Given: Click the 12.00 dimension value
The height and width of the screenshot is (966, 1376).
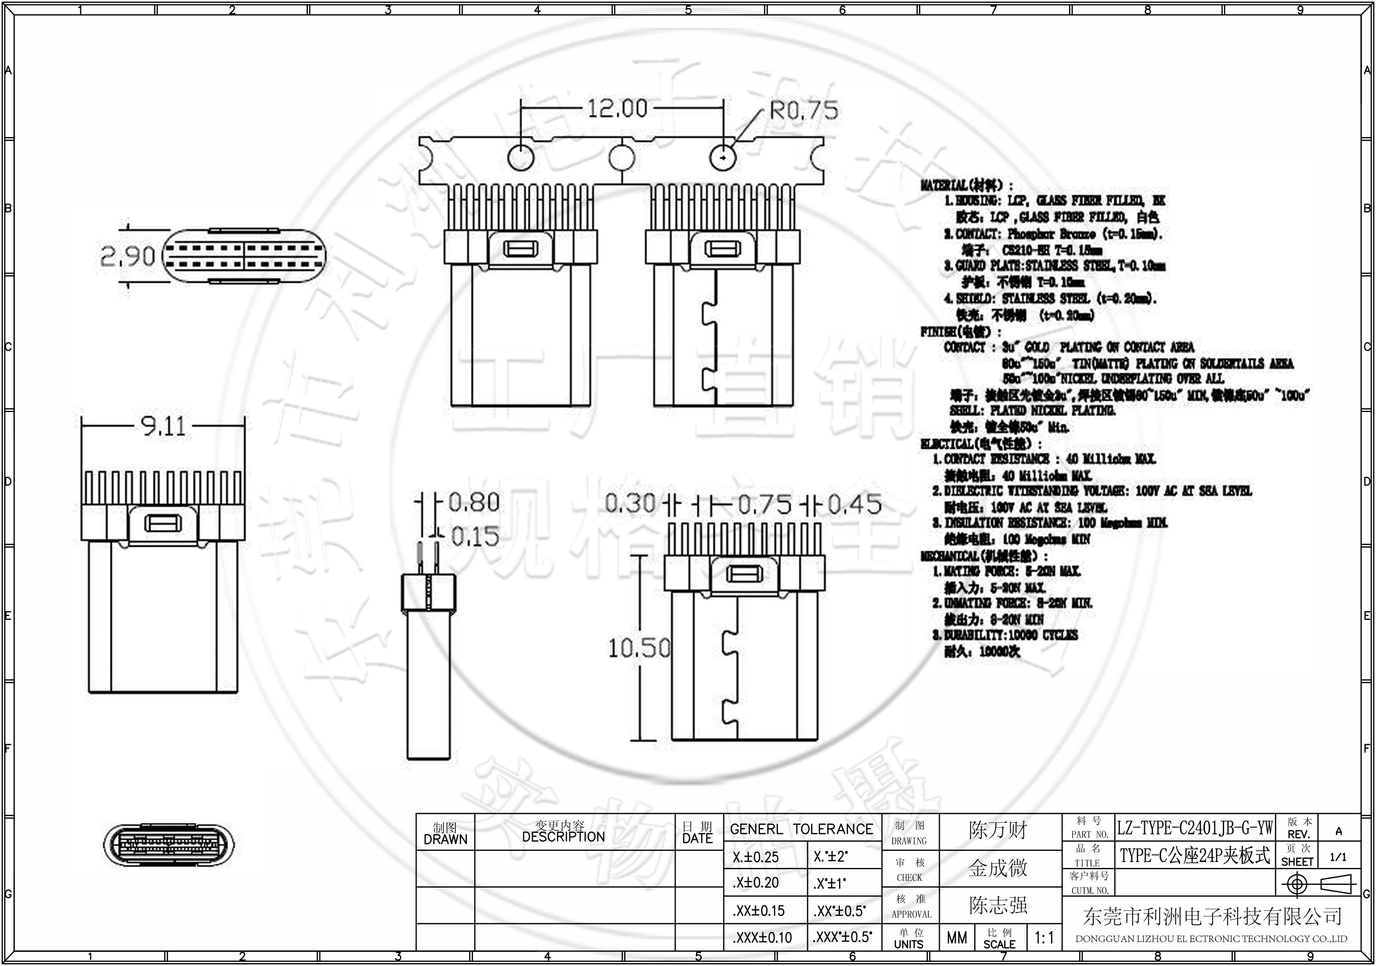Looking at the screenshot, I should [x=617, y=109].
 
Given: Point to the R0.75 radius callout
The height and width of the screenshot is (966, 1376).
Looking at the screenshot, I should [x=804, y=111].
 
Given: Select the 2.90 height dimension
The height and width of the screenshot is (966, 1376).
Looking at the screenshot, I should [x=127, y=257].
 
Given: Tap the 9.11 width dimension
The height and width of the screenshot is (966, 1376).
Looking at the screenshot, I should [x=163, y=426].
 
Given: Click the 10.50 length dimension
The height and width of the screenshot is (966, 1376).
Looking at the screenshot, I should [x=639, y=648].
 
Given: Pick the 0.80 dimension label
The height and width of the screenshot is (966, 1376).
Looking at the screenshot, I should [x=473, y=502].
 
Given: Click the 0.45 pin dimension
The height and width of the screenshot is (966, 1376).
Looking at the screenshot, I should [x=854, y=505].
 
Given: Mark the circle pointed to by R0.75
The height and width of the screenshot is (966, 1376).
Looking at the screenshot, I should [x=723, y=158].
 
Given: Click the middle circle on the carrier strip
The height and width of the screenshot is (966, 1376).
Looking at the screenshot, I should [x=622, y=158].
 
